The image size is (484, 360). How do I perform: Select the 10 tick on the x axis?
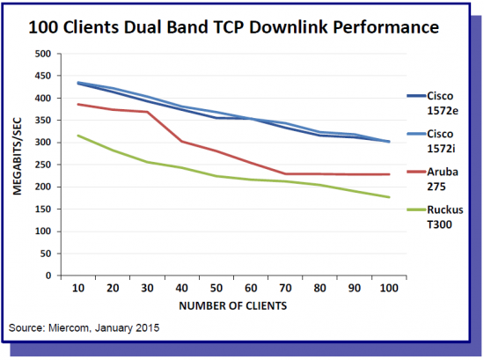point(78,288)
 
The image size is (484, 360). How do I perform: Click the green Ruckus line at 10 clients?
point(78,136)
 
